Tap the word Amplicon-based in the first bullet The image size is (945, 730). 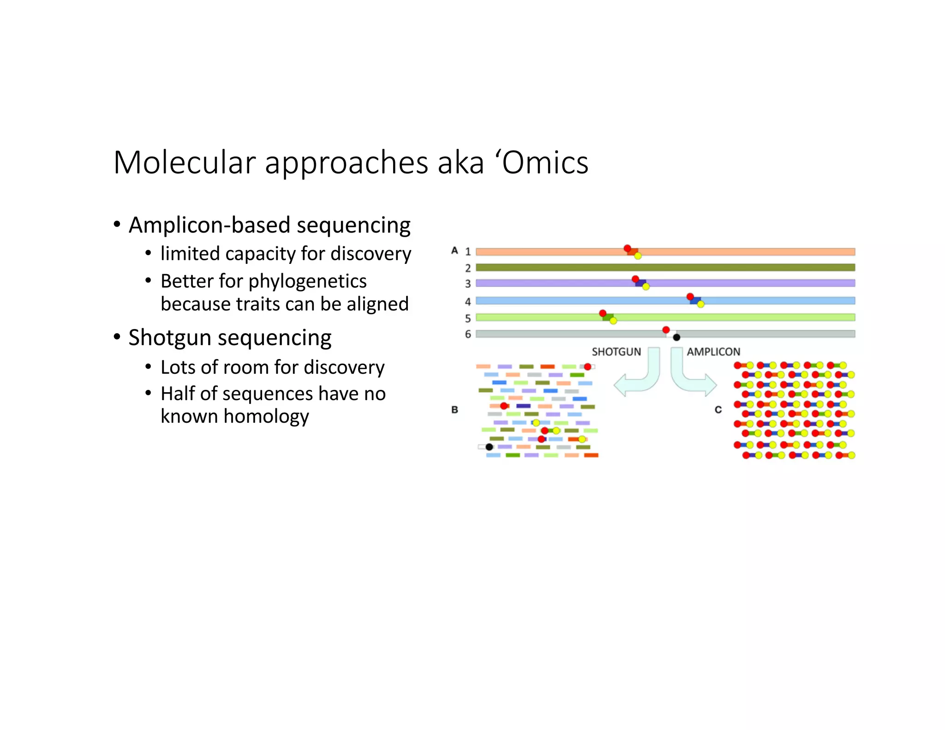point(209,225)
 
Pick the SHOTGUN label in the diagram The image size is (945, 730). point(616,352)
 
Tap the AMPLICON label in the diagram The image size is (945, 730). point(713,352)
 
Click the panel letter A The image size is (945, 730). point(455,251)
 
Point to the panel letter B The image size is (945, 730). point(455,410)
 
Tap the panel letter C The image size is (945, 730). point(718,410)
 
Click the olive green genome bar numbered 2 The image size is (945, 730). point(664,268)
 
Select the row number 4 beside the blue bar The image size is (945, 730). point(467,302)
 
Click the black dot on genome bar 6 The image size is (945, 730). point(676,337)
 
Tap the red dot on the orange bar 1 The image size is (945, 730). point(627,248)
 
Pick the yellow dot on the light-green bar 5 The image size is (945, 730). point(613,321)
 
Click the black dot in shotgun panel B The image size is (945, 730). point(489,447)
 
